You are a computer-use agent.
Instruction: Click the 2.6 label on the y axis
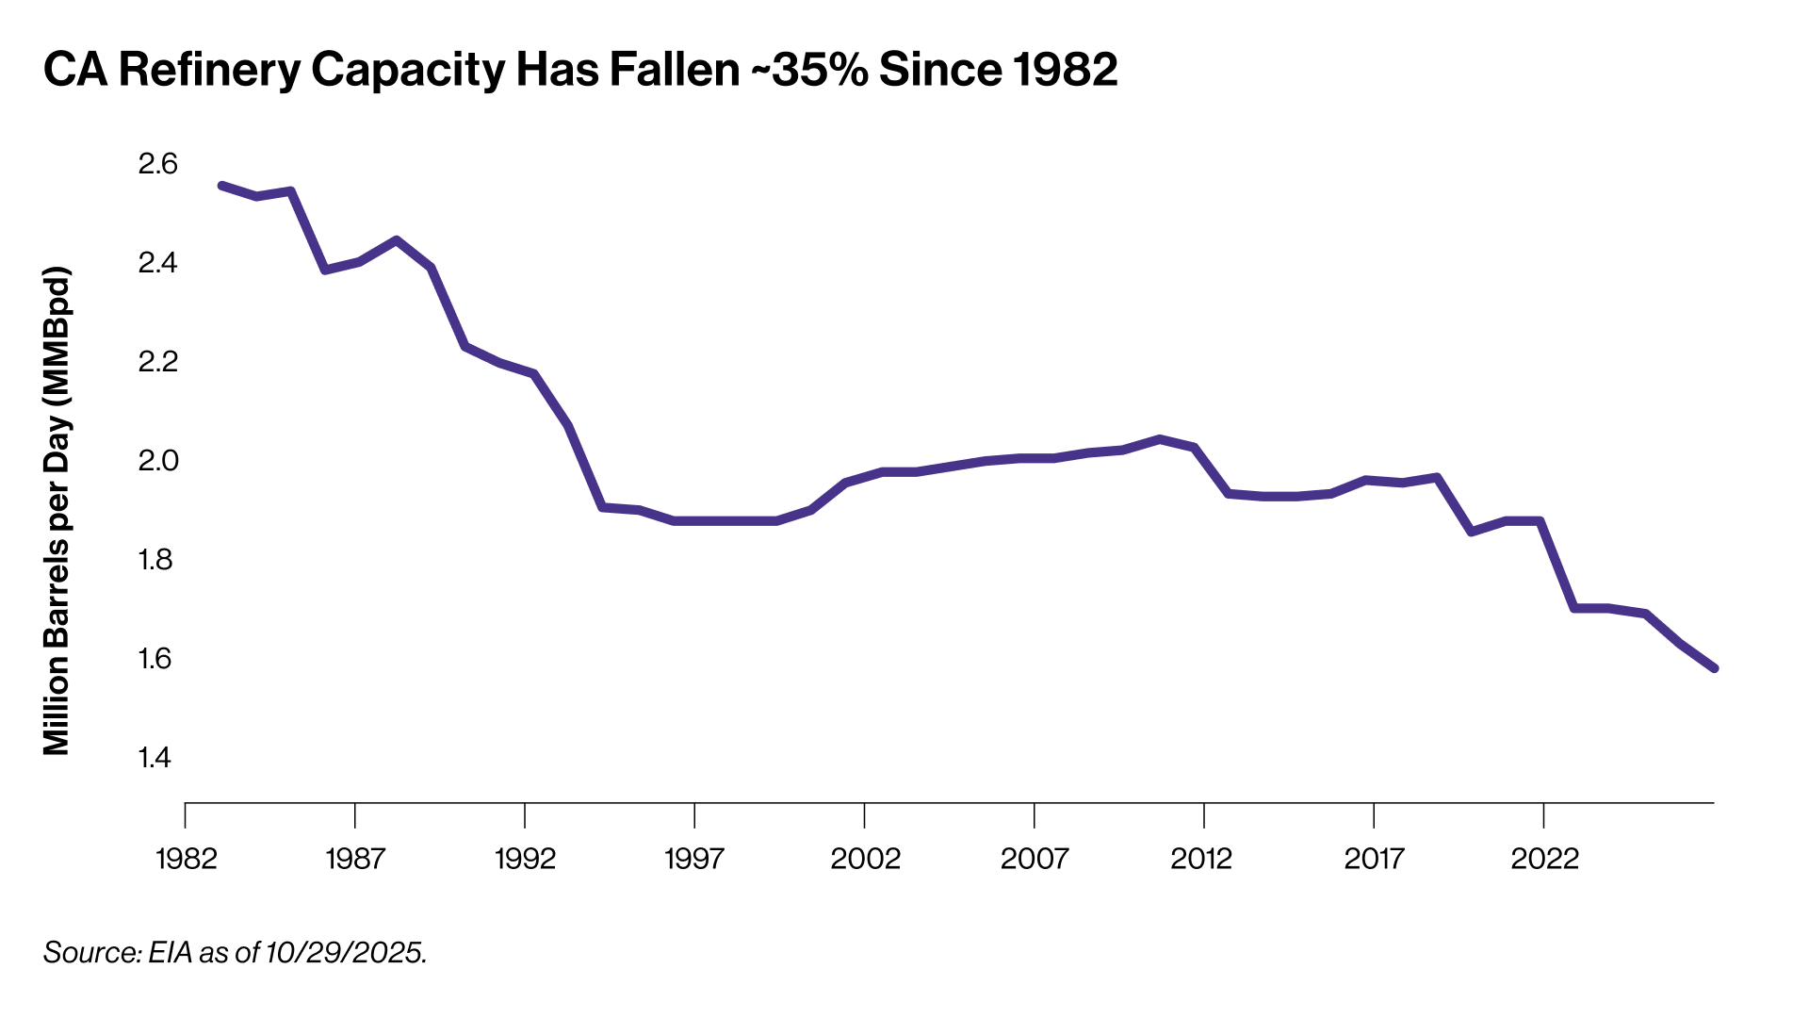click(x=157, y=164)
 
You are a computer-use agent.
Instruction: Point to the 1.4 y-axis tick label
click(x=155, y=757)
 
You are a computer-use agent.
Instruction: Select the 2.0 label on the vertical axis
click(x=157, y=460)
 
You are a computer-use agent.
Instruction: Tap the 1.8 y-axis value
click(x=155, y=559)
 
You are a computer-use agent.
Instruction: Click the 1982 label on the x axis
click(x=187, y=859)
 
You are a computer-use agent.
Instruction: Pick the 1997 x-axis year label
click(x=694, y=859)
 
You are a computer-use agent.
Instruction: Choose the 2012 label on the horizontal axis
click(x=1201, y=859)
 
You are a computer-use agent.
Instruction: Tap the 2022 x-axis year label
click(x=1544, y=859)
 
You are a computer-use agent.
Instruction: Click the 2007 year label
click(x=1034, y=859)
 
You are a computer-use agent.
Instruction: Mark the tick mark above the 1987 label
click(x=355, y=815)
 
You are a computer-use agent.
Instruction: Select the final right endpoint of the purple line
click(x=1715, y=668)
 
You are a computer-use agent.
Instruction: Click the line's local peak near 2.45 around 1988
click(x=397, y=240)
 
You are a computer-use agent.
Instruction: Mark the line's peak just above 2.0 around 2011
click(x=1160, y=439)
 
